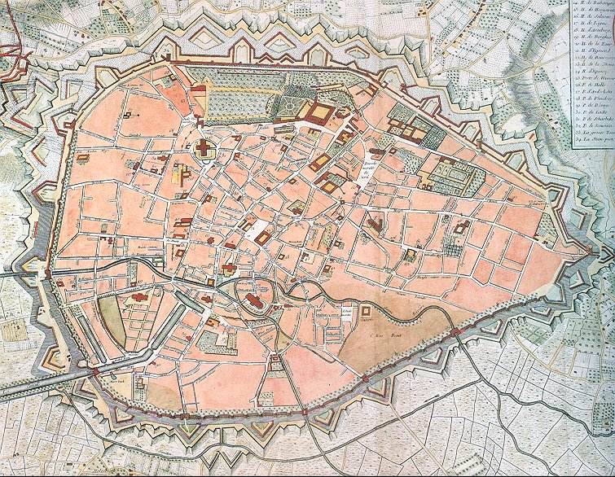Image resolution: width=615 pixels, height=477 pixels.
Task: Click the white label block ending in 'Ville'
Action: tap(368, 172)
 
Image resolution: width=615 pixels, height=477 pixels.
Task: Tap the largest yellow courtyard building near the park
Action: tap(320, 113)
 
